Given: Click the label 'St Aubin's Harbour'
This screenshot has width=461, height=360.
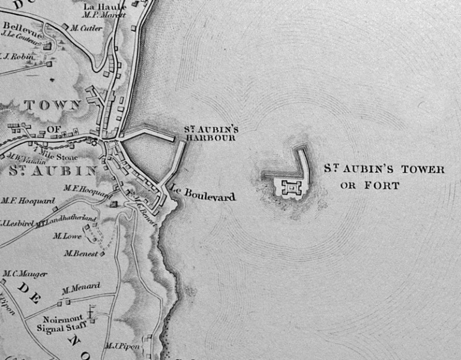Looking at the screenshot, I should tap(202, 133).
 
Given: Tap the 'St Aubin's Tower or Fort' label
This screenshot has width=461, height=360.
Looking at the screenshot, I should tap(384, 177).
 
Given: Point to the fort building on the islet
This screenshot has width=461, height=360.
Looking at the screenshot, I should tap(292, 188).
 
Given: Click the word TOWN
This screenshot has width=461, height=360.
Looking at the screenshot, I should tap(52, 105).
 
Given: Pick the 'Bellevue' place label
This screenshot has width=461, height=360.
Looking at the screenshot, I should tap(20, 26).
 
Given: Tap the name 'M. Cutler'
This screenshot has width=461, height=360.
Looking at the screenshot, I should tap(86, 28).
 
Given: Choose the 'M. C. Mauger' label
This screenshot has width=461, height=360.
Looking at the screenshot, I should tap(25, 274).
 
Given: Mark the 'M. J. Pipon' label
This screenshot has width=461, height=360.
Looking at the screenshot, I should tap(121, 346).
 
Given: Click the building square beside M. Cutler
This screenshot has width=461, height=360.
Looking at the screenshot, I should tap(66, 28).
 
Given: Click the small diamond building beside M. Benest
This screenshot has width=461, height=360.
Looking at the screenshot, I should tap(103, 254).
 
